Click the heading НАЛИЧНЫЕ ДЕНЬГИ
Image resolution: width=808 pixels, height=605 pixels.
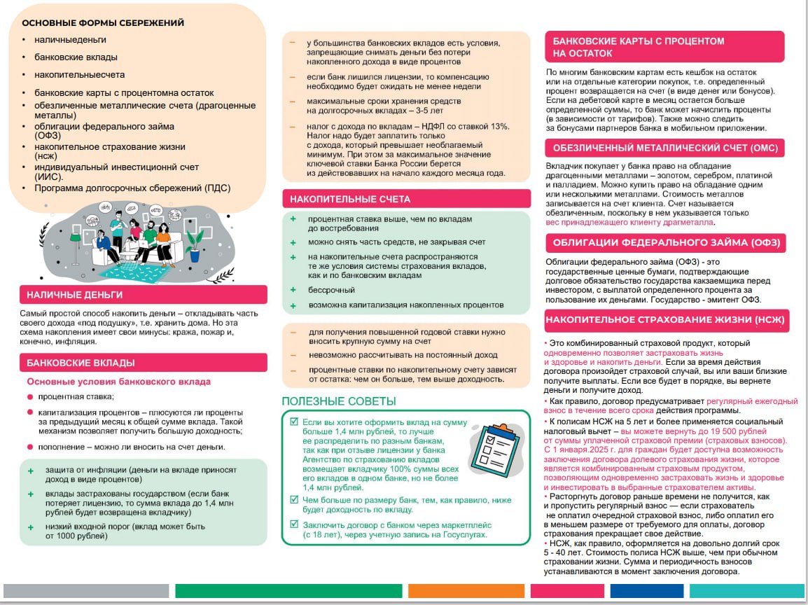(75, 295)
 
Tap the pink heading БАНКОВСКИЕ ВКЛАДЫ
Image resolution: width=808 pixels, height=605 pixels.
(81, 363)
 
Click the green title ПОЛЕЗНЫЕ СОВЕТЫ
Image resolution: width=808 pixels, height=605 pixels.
(339, 401)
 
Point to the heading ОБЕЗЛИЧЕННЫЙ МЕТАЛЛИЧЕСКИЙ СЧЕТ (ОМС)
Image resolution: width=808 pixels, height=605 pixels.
(664, 148)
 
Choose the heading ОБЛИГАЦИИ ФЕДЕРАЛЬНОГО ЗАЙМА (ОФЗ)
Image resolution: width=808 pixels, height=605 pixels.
(665, 243)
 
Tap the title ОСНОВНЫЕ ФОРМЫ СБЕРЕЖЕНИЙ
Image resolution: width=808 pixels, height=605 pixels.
(103, 23)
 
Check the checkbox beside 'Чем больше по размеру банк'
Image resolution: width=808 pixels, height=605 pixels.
(294, 500)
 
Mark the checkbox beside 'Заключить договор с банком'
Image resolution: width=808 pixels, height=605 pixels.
(294, 524)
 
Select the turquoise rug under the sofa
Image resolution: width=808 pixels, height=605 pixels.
(140, 270)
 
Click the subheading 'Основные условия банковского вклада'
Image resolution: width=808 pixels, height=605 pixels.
(118, 382)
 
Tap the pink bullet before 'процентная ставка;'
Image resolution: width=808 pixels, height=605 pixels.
(30, 396)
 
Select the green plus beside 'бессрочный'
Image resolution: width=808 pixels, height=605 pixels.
(294, 290)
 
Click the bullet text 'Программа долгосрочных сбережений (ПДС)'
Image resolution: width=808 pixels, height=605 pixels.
(132, 188)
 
